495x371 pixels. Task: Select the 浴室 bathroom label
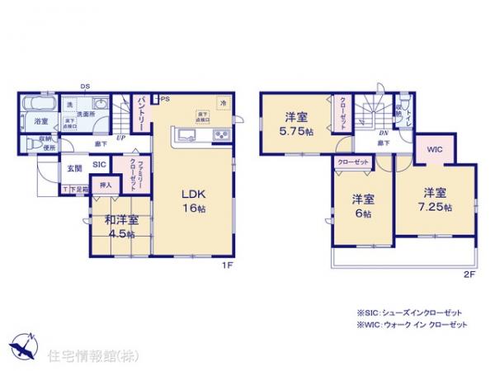click(x=40, y=122)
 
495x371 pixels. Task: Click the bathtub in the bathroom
click(x=40, y=106)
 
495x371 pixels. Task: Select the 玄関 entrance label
click(x=74, y=168)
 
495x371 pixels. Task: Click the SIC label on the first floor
click(x=99, y=164)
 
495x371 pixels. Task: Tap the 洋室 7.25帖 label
click(x=435, y=201)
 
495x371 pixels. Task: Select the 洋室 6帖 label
click(x=359, y=205)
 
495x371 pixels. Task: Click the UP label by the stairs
click(x=121, y=138)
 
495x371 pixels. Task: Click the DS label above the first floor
click(x=85, y=86)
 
